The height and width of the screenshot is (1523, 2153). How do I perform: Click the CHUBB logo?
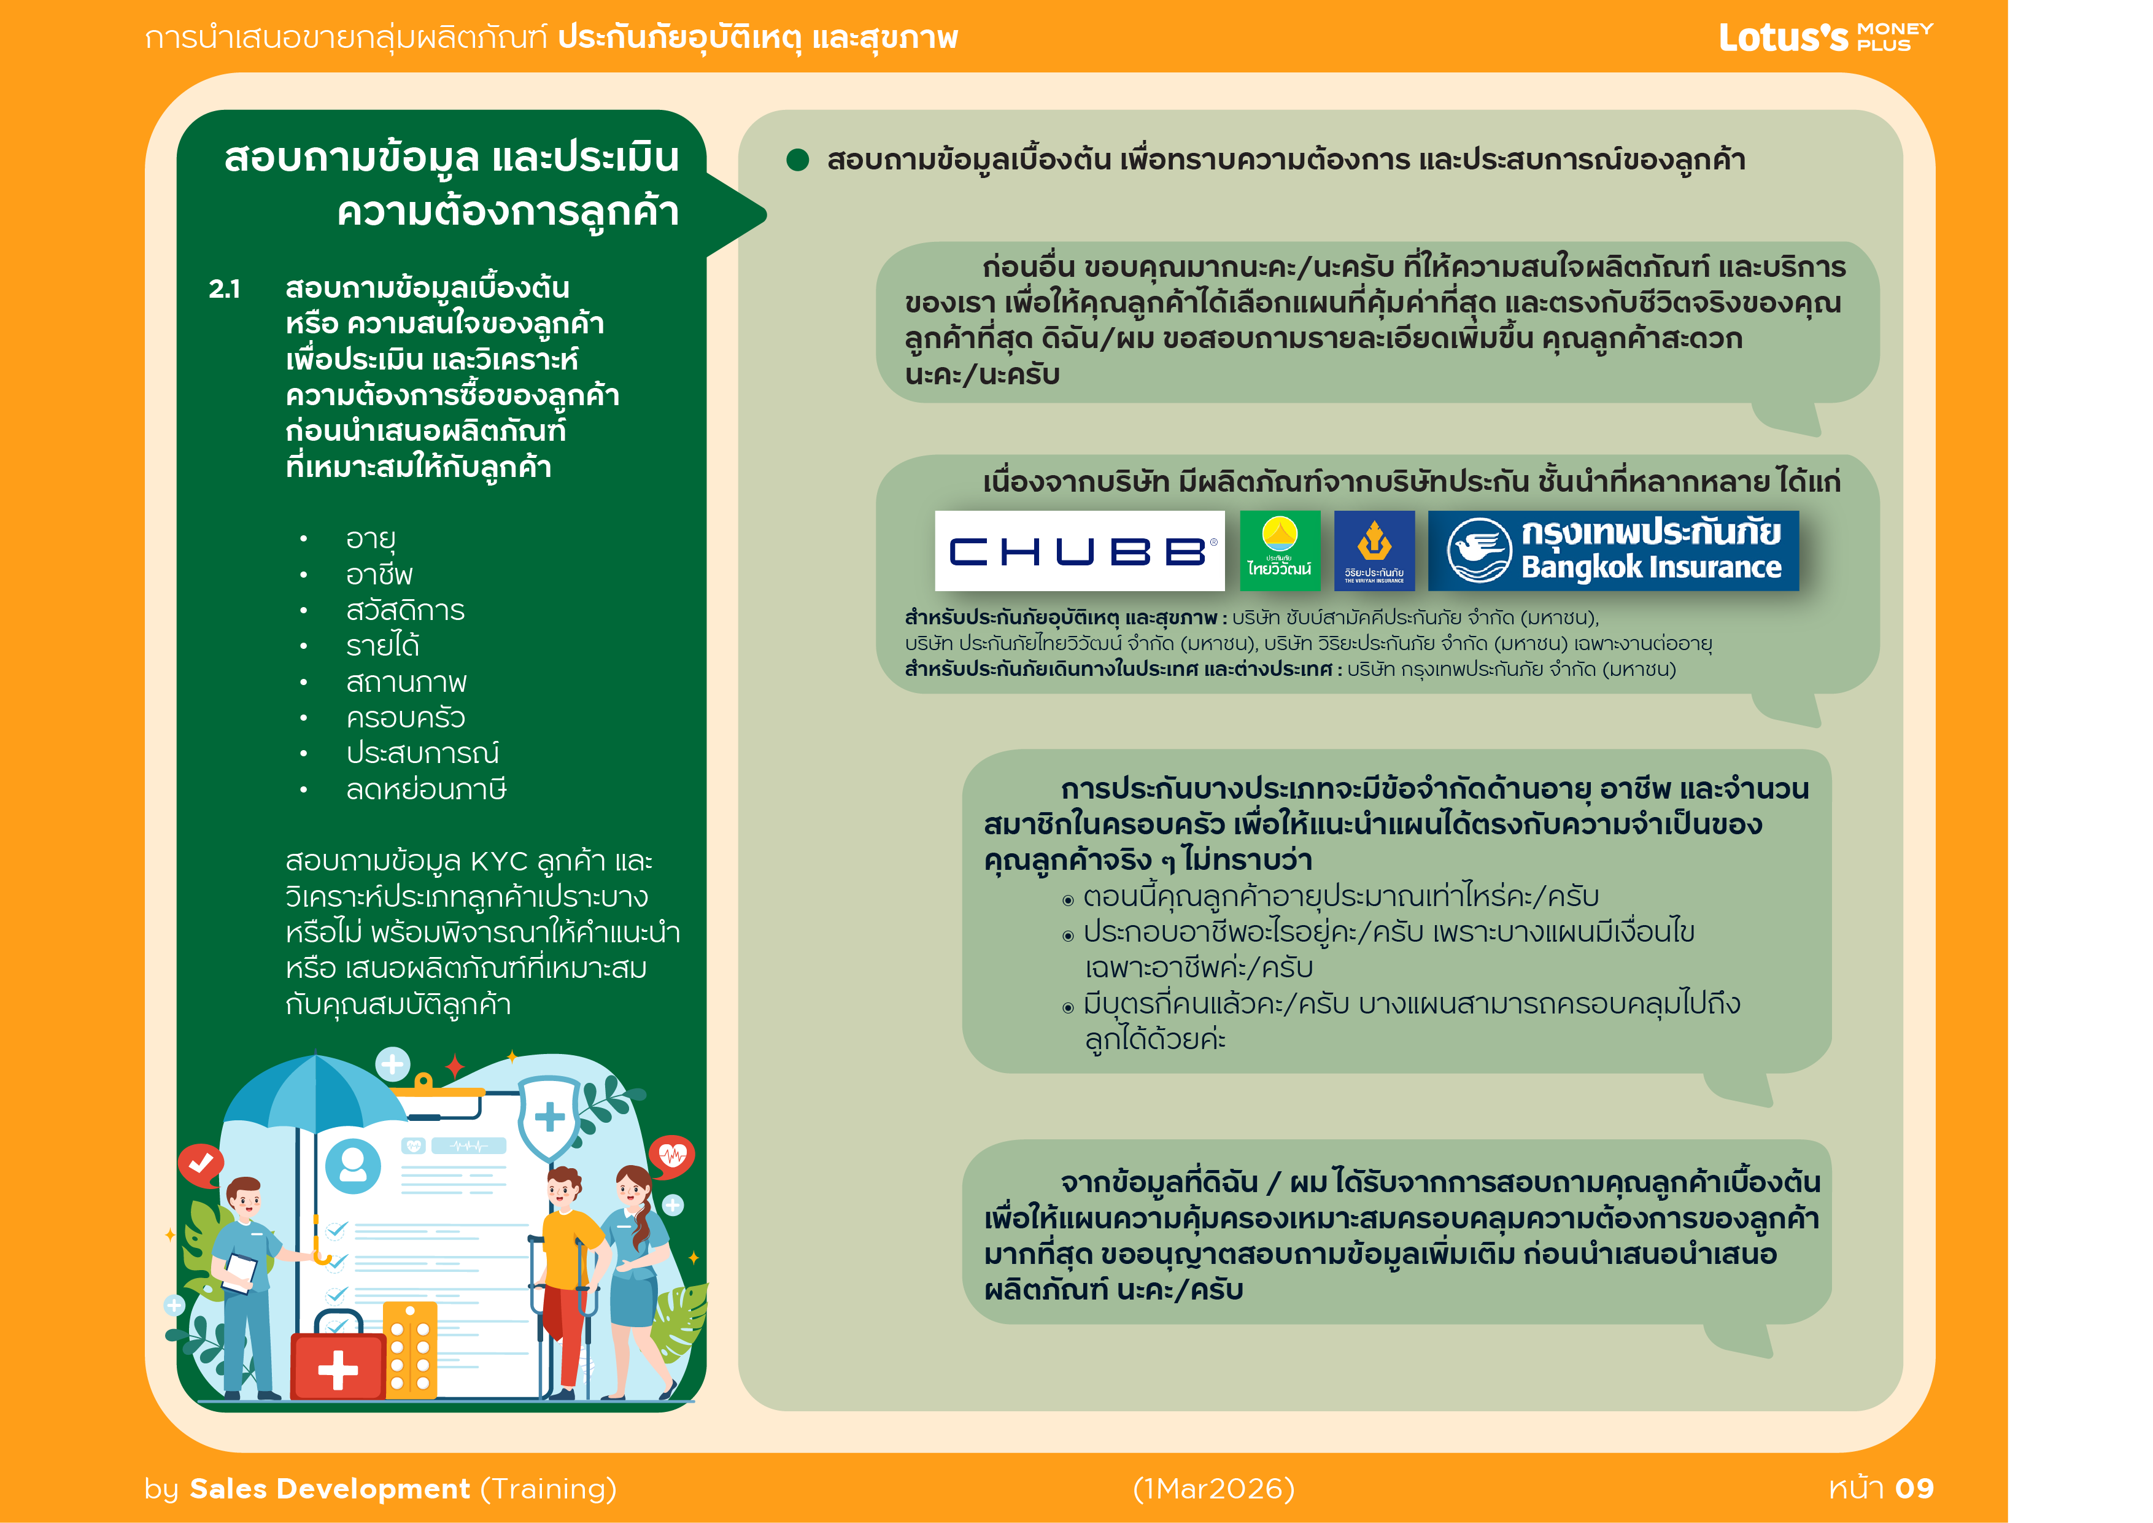[1080, 551]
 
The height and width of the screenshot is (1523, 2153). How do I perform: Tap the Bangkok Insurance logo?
[1613, 551]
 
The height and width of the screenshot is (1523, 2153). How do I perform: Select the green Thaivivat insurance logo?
[1280, 551]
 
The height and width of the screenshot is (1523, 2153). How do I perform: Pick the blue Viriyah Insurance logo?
[1374, 551]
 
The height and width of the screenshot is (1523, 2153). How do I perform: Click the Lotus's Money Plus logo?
[1825, 37]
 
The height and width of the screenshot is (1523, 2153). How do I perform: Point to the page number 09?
[1914, 1488]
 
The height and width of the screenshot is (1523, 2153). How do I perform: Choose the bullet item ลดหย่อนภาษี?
[426, 789]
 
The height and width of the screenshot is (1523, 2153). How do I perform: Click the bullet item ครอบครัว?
[405, 718]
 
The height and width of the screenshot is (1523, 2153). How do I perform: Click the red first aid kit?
[338, 1360]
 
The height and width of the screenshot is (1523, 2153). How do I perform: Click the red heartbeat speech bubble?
[672, 1155]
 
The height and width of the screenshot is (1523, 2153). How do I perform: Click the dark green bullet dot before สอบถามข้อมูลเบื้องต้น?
[798, 160]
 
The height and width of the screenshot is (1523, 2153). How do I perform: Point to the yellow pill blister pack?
[411, 1351]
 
